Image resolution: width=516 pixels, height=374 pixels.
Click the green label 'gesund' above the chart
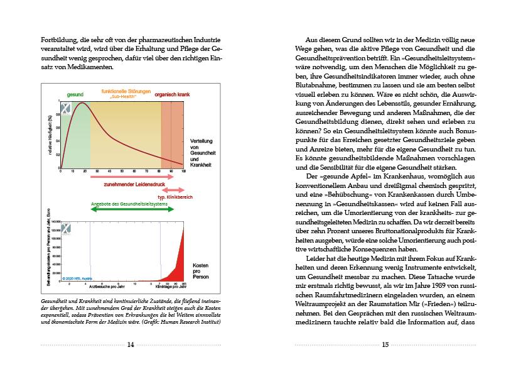(x=75, y=94)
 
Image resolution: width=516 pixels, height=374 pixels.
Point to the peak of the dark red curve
(x=80, y=102)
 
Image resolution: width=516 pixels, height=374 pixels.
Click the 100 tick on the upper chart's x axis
(x=184, y=172)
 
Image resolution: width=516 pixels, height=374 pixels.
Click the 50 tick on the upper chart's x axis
(x=122, y=172)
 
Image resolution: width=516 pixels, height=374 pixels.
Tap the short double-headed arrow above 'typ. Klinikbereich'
(x=173, y=189)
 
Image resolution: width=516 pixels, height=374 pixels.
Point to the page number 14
(x=130, y=344)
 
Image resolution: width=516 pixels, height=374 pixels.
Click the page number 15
(x=385, y=344)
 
